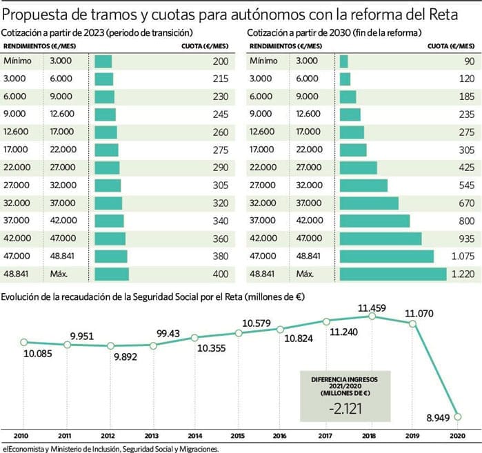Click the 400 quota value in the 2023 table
220,274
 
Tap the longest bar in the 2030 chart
393,274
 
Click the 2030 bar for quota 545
363,185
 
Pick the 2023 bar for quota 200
103,61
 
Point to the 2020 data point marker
458,416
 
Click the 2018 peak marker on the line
372,316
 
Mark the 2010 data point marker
23,342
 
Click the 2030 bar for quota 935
381,239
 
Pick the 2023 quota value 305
220,185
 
